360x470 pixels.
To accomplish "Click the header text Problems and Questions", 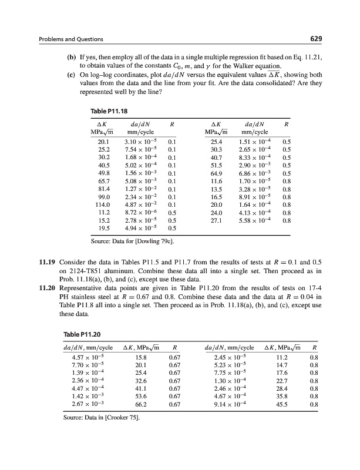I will (x=70, y=39).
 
